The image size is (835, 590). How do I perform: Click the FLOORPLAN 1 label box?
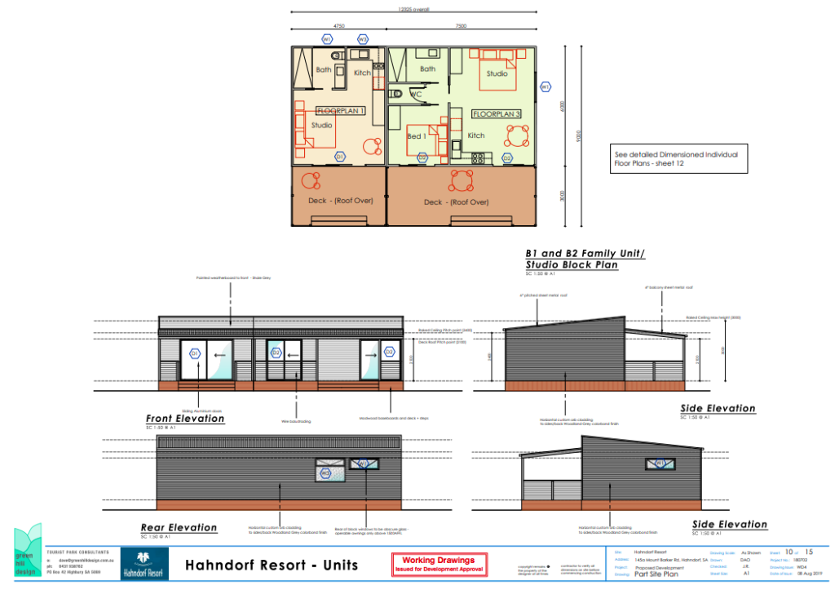340,110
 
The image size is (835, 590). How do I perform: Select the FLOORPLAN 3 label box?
497,114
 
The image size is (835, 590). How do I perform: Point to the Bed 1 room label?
416,136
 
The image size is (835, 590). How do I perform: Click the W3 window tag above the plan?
362,38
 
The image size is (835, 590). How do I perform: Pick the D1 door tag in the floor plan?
340,157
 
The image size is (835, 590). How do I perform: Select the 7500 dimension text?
461,26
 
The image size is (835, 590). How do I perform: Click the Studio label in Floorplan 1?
322,125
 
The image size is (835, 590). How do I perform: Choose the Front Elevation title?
185,419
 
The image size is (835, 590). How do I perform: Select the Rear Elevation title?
179,528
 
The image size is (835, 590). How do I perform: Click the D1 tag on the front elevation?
194,353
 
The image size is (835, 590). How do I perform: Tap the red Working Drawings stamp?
439,564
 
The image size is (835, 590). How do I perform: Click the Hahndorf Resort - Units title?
272,565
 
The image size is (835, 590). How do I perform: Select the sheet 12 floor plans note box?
678,158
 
